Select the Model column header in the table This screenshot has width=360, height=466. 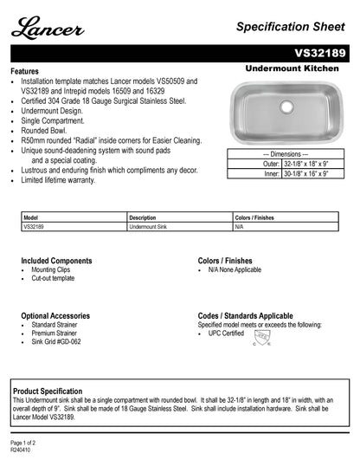(30, 217)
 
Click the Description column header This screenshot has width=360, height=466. (144, 217)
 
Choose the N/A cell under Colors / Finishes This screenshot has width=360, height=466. (240, 227)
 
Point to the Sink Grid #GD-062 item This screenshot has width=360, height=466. (57, 342)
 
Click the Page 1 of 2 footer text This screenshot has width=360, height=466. (24, 443)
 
